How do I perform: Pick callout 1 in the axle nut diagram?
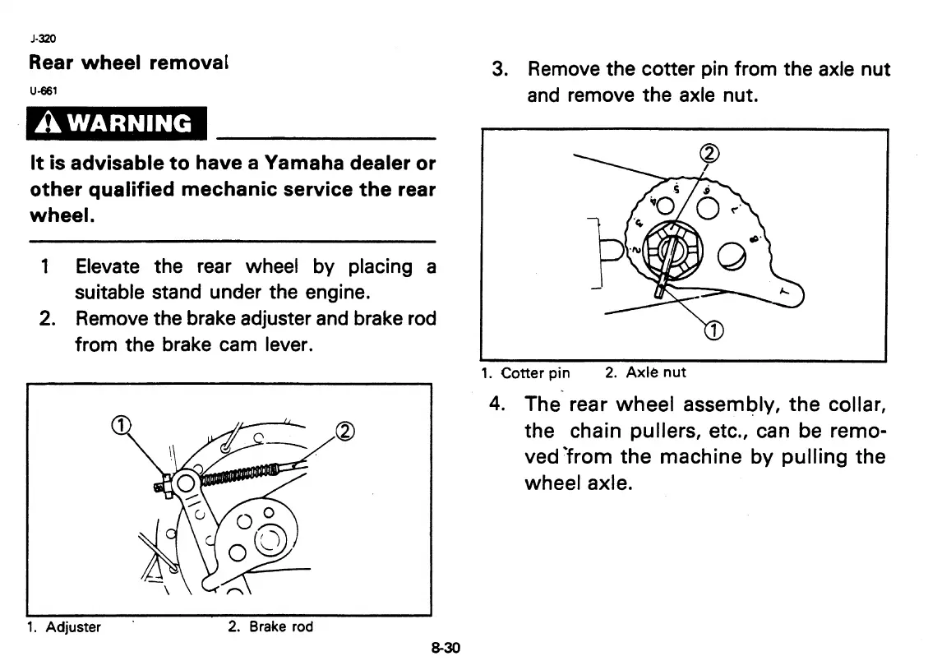pyautogui.click(x=713, y=331)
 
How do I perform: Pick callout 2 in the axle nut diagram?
pyautogui.click(x=707, y=153)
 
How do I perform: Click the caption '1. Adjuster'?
pyautogui.click(x=63, y=627)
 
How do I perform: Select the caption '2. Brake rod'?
pyautogui.click(x=270, y=627)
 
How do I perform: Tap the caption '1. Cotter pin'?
pyautogui.click(x=526, y=372)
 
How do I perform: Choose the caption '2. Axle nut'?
pyautogui.click(x=645, y=372)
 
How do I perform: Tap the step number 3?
pyautogui.click(x=498, y=69)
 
